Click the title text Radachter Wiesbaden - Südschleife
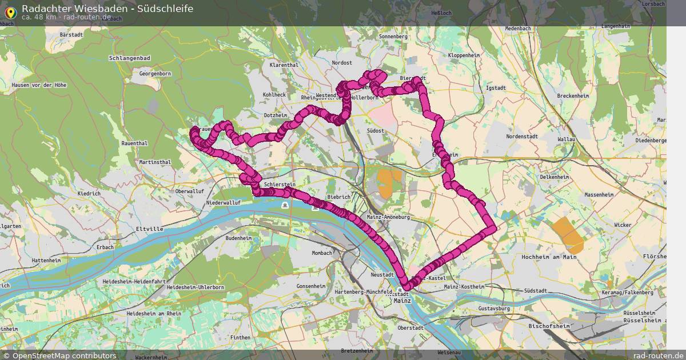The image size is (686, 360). [x=107, y=9]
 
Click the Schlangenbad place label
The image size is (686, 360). [x=130, y=58]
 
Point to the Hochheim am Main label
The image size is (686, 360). [x=549, y=257]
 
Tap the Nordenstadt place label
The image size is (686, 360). [x=523, y=137]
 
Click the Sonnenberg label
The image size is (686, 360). [x=393, y=37]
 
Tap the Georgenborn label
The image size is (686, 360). [x=155, y=74]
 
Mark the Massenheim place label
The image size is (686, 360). [x=599, y=195]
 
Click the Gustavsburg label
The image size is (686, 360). [x=494, y=309]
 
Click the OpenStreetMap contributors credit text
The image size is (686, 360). [x=64, y=355]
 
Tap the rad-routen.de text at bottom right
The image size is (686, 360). [x=658, y=355]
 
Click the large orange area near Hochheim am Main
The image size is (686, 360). [x=568, y=235]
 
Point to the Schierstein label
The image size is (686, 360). [x=281, y=185]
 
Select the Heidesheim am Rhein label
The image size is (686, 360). [x=154, y=314]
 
